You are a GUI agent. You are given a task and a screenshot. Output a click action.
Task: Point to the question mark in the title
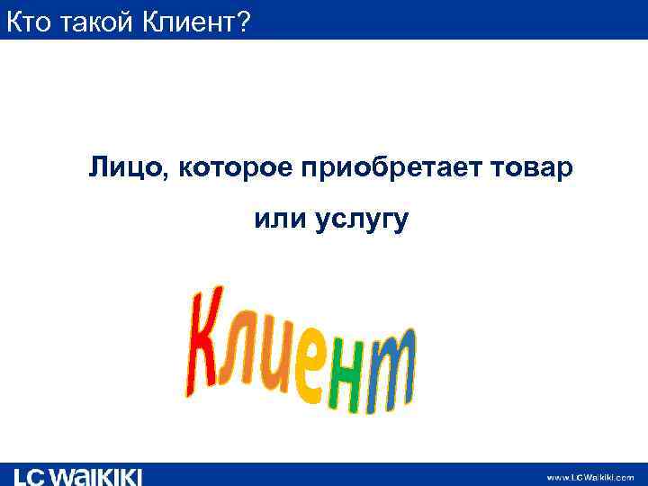[x=240, y=22]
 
